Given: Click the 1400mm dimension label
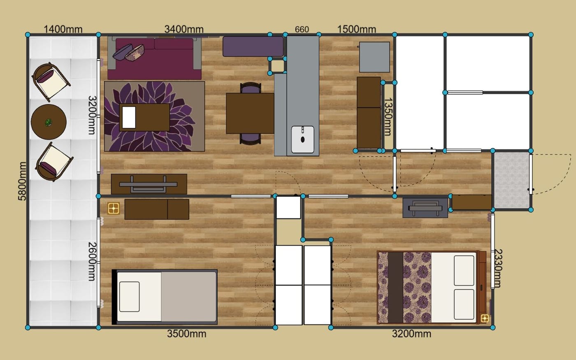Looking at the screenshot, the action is [x=63, y=29].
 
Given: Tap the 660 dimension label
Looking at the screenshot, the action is [x=302, y=30].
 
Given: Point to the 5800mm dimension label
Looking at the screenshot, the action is [x=22, y=181].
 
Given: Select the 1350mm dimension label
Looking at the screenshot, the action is [x=388, y=116].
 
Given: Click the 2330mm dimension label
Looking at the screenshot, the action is [x=498, y=268].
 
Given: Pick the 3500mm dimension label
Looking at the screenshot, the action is [x=187, y=334].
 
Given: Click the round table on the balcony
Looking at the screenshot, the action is [x=49, y=122].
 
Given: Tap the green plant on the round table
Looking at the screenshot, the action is [x=49, y=123].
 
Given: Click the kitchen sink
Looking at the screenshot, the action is [x=302, y=139].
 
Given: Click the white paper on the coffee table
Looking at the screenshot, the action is [x=129, y=117].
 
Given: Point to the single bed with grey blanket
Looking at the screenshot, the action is [x=165, y=297].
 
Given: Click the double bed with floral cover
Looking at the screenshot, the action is [x=432, y=287].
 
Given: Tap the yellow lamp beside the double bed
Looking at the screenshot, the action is [x=485, y=318].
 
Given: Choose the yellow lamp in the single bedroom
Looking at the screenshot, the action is [x=114, y=208].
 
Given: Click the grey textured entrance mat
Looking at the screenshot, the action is [x=512, y=181].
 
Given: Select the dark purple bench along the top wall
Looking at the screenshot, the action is [x=253, y=46].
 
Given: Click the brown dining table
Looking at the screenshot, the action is [x=250, y=114].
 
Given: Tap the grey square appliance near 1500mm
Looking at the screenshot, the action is [x=374, y=57].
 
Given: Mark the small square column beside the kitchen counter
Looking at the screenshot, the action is [x=277, y=66].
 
